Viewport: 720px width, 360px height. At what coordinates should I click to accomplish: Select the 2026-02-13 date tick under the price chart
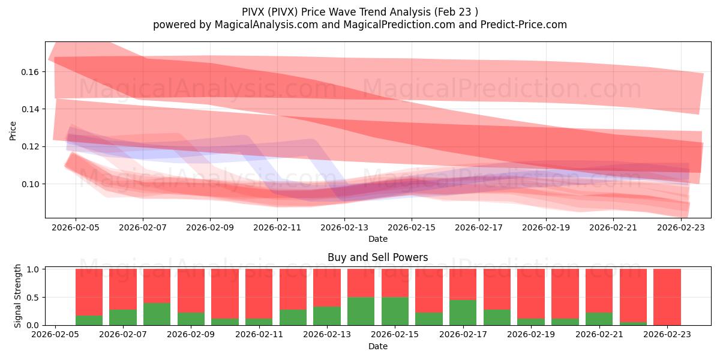[x=344, y=227]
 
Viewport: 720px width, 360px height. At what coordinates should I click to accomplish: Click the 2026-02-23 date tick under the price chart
[x=680, y=227]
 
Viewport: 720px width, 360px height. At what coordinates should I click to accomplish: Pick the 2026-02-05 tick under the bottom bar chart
[x=55, y=335]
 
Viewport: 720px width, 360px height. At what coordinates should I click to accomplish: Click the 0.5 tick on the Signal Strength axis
[x=33, y=298]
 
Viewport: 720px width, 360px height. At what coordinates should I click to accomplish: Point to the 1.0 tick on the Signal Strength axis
[x=33, y=269]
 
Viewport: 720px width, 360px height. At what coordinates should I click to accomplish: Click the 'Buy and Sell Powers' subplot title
[x=377, y=257]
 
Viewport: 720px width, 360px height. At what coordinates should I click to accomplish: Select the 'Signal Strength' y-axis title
[x=18, y=296]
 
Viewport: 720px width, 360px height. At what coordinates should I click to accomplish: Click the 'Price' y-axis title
[x=13, y=130]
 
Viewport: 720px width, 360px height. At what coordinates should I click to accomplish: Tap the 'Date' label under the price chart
[x=377, y=239]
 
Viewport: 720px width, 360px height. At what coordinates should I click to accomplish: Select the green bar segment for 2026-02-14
[x=361, y=311]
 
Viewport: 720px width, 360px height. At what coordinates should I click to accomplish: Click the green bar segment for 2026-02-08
[x=157, y=314]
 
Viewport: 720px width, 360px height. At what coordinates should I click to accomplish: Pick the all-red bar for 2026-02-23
[x=667, y=297]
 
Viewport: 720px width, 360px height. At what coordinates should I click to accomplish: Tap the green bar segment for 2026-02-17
[x=463, y=312]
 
